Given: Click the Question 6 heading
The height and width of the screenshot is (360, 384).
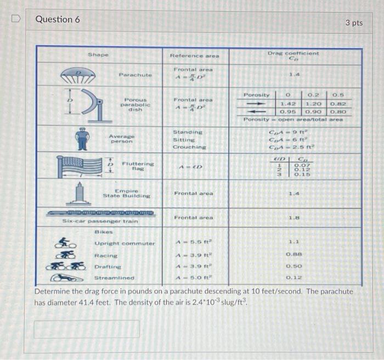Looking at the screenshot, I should pos(58,19).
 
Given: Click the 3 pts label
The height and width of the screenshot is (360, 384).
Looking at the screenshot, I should pos(354,22).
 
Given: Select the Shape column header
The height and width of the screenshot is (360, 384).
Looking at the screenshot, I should pos(98,55).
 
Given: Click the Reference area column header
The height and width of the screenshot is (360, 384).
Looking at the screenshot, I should pos(194,55).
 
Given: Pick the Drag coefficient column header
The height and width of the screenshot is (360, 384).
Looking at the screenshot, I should pos(293,55).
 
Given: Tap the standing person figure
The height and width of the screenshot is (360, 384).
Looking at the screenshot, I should pos(82,138).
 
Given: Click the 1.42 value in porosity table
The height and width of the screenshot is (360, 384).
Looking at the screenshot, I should pos(288,103).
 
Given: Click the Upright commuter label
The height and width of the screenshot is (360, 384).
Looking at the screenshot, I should pos(125,243).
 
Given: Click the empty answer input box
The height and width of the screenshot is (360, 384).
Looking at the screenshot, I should pos(87,329).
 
